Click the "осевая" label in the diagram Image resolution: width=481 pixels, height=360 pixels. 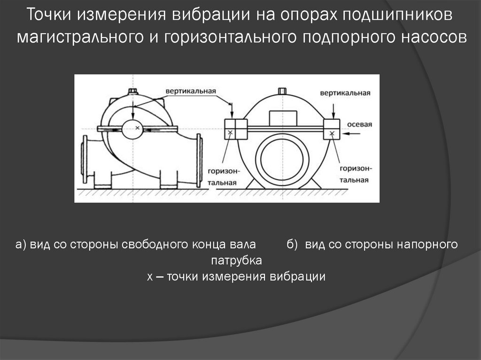(359, 124)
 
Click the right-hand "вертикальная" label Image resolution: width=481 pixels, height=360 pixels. (345, 93)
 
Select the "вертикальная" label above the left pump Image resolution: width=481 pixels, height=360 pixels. (191, 90)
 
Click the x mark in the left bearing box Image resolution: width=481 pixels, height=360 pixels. (230, 133)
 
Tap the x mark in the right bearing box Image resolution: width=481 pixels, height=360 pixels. (332, 133)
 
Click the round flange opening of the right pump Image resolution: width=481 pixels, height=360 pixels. (281, 159)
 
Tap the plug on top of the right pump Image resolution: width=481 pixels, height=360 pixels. (282, 91)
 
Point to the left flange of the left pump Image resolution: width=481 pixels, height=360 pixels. (85, 160)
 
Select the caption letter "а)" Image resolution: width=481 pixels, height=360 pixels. (22, 245)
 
